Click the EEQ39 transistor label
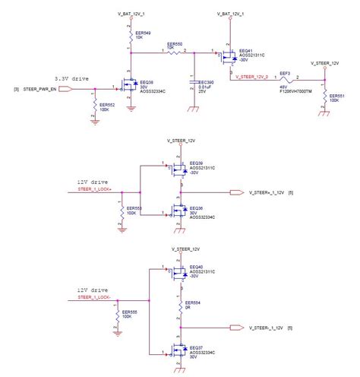[196, 163]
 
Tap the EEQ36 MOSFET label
[196, 208]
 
